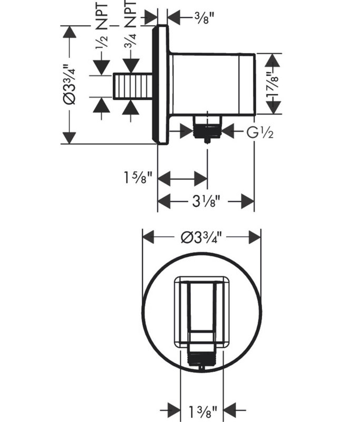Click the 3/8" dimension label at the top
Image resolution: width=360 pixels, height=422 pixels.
click(205, 18)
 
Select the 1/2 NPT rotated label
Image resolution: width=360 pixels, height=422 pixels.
click(102, 26)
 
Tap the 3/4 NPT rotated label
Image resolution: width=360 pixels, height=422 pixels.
click(131, 25)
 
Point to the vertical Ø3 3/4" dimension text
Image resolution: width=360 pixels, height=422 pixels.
click(70, 84)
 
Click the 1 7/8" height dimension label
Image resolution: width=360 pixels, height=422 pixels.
click(273, 84)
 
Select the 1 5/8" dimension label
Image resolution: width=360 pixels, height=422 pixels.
click(138, 178)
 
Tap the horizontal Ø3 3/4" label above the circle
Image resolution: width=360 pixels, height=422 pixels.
click(202, 237)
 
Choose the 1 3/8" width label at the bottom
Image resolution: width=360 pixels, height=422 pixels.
click(202, 411)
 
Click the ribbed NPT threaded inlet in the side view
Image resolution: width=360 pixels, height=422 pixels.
click(133, 86)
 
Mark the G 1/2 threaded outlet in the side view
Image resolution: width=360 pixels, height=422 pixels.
click(207, 127)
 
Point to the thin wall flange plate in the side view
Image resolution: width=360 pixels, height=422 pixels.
click(160, 85)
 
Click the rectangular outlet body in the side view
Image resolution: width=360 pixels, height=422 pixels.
click(212, 84)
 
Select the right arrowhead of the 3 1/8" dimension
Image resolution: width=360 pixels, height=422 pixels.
click(247, 201)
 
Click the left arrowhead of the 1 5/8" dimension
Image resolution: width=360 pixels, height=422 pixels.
click(164, 178)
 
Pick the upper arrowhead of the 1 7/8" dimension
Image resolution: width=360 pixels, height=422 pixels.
click(273, 60)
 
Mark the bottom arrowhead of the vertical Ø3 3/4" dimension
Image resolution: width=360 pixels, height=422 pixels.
click(70, 137)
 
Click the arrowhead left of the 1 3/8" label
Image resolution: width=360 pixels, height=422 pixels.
click(174, 411)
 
